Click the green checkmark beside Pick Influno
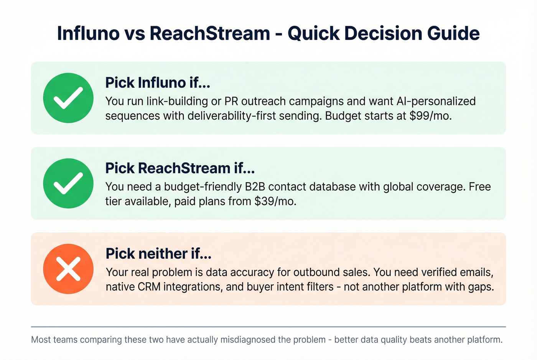coord(68,98)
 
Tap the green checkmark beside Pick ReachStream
coord(68,183)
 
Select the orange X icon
coord(68,269)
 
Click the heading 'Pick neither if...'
coord(158,254)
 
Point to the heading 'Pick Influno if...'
coord(158,83)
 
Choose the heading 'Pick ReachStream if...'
coord(180,168)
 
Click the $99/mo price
coord(430,116)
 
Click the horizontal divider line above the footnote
coord(268,327)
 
